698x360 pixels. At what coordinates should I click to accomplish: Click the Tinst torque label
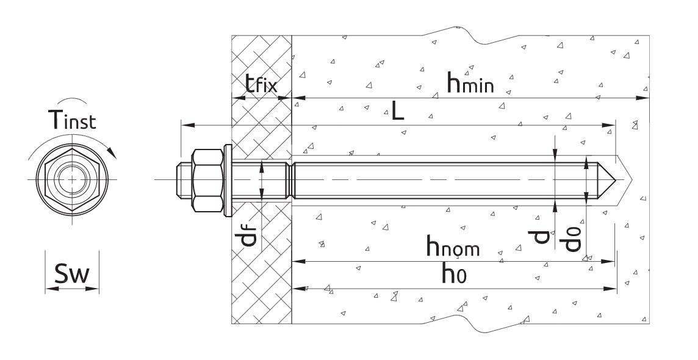click(x=71, y=120)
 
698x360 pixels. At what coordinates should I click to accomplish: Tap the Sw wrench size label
click(x=71, y=275)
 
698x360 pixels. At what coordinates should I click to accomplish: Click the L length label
click(x=398, y=112)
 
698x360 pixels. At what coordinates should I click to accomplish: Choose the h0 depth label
click(x=455, y=275)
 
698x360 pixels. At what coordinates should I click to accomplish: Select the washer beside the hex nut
click(x=227, y=180)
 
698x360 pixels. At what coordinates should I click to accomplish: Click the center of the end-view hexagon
click(x=72, y=179)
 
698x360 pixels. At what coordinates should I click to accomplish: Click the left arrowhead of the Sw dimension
click(x=49, y=289)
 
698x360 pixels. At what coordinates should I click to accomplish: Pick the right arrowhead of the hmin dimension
click(x=646, y=97)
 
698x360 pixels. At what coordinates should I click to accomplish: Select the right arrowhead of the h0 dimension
click(x=613, y=289)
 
